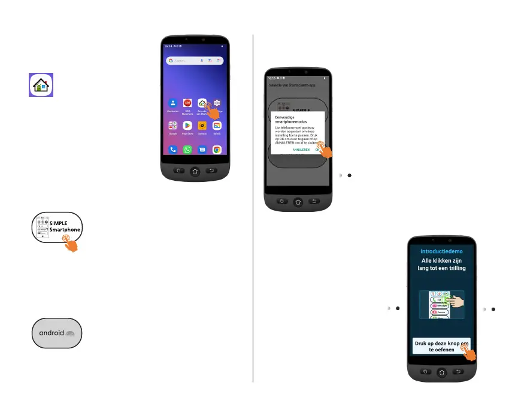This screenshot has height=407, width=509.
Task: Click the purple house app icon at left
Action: (41, 85)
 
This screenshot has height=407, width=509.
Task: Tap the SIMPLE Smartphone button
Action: (56, 227)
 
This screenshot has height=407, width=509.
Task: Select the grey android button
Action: (56, 333)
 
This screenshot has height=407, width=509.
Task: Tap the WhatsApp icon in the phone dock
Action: (187, 150)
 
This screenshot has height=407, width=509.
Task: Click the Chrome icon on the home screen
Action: (217, 150)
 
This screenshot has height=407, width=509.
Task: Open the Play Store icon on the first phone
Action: (187, 126)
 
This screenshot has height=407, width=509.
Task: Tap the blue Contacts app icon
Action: (172, 103)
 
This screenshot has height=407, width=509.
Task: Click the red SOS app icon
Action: (187, 103)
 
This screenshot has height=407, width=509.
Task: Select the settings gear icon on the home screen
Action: (217, 103)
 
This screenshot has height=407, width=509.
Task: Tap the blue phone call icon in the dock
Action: (172, 150)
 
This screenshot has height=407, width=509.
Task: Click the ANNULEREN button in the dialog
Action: (301, 150)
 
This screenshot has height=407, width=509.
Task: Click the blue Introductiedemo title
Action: (441, 251)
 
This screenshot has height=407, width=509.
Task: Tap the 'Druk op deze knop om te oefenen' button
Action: (441, 347)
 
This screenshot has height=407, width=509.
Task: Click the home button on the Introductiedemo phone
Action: (441, 372)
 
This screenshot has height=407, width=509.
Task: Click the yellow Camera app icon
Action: (202, 126)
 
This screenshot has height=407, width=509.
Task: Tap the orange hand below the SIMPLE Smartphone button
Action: (70, 242)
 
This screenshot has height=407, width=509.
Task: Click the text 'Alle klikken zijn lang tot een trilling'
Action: (441, 265)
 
